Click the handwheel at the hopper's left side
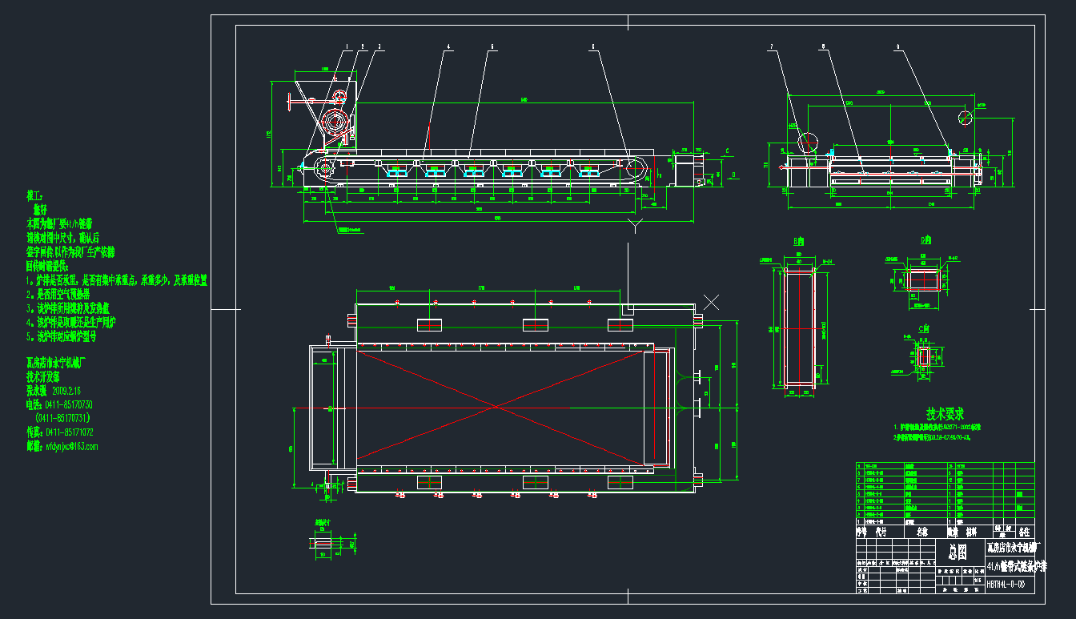tap(293, 102)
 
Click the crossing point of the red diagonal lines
tap(498, 407)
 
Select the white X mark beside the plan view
tap(711, 302)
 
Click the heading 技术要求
tap(945, 413)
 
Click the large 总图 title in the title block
tap(958, 552)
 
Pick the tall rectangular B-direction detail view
tap(797, 329)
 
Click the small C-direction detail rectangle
tap(924, 356)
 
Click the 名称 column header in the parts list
tap(922, 531)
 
